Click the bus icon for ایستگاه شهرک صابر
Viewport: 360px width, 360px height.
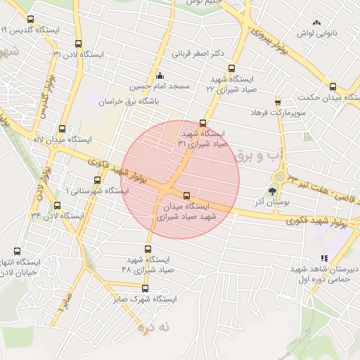146,288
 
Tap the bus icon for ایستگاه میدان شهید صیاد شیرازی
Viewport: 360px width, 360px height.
186,195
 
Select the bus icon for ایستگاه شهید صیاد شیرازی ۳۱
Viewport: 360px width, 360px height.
203,123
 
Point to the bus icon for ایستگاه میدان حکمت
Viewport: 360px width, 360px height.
333,87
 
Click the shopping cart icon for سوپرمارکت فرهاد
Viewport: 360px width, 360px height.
278,102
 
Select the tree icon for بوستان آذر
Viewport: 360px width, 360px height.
272,190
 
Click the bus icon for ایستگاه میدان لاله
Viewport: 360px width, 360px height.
63,129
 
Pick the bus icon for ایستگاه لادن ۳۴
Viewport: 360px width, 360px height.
58,206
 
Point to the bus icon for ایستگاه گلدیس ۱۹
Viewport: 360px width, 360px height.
30,20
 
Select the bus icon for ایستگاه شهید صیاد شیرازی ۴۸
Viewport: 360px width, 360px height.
148,249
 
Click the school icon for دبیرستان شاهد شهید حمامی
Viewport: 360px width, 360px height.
324,258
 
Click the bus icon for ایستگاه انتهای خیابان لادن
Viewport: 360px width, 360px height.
17,251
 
